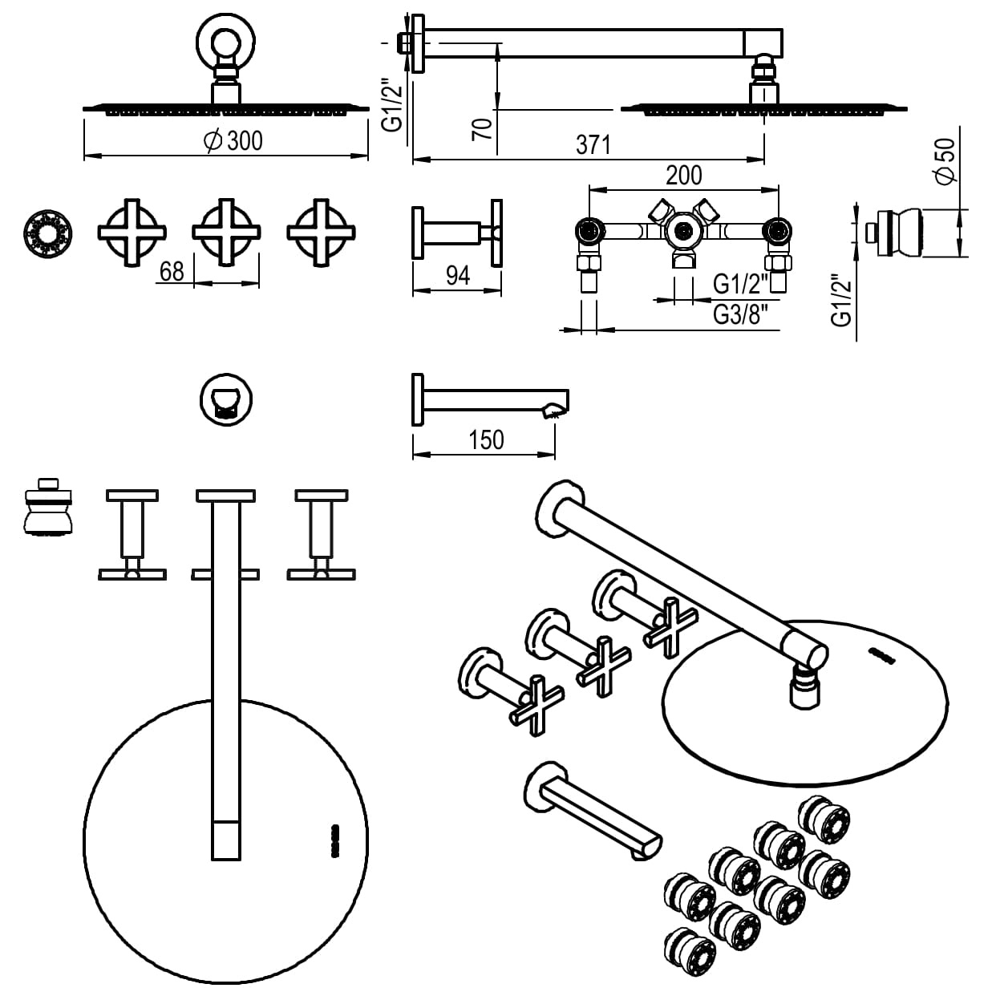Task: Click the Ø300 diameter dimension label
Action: pyautogui.click(x=233, y=141)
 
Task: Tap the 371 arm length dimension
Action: pyautogui.click(x=593, y=145)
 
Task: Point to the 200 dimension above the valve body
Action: pyautogui.click(x=683, y=175)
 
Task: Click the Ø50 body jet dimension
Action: pyautogui.click(x=946, y=161)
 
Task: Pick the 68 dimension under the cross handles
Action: pyautogui.click(x=172, y=272)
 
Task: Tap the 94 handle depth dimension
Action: pyautogui.click(x=457, y=276)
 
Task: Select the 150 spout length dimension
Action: pyautogui.click(x=487, y=439)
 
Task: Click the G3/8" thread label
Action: pyautogui.click(x=746, y=315)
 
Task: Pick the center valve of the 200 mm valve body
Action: pyautogui.click(x=682, y=232)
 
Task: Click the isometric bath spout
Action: pyautogui.click(x=594, y=811)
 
